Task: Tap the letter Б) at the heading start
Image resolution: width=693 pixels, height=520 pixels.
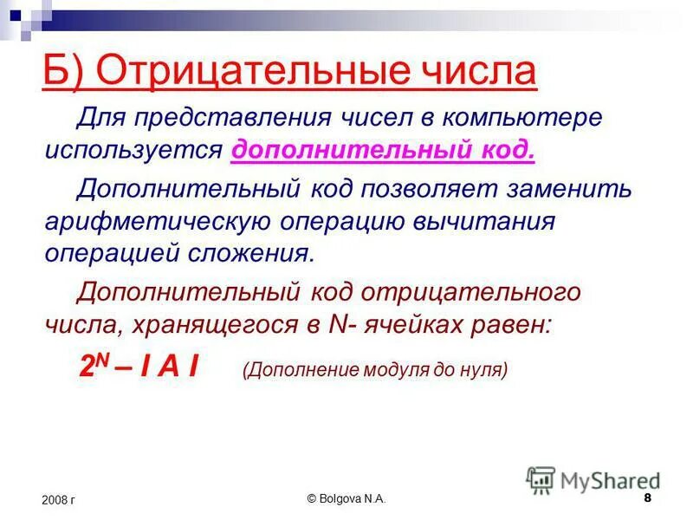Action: pyautogui.click(x=63, y=70)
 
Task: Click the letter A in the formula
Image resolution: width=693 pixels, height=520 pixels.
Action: pyautogui.click(x=168, y=366)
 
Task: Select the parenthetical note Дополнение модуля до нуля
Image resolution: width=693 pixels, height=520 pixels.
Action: pyautogui.click(x=374, y=369)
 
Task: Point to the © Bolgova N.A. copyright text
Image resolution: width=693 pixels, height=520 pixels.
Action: pyautogui.click(x=346, y=499)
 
